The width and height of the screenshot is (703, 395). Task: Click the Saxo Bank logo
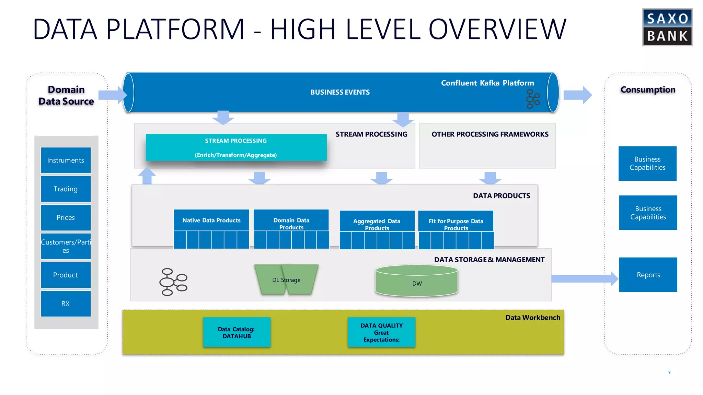[667, 27]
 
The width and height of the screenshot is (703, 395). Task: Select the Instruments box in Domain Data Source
[66, 160]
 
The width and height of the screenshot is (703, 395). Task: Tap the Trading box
[66, 189]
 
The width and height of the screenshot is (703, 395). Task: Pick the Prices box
[66, 217]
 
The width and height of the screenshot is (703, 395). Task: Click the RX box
[66, 303]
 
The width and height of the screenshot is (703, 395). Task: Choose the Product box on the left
[66, 275]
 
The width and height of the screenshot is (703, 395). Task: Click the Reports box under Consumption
[648, 275]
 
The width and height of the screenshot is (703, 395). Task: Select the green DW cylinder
[417, 281]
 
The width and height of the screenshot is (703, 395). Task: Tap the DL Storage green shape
[286, 280]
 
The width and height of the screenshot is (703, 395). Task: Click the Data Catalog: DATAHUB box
[237, 332]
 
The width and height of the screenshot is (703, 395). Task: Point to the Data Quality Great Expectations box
[381, 332]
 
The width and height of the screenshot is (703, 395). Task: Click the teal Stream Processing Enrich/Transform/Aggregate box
[236, 147]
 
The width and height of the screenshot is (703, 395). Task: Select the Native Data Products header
[211, 220]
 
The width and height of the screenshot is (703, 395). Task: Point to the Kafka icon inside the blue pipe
[532, 99]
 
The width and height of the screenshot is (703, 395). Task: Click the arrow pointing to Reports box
[584, 279]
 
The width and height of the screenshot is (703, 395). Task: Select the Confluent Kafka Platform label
[487, 83]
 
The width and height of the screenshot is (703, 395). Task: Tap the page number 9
[669, 372]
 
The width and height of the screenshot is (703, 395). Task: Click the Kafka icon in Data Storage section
[173, 282]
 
